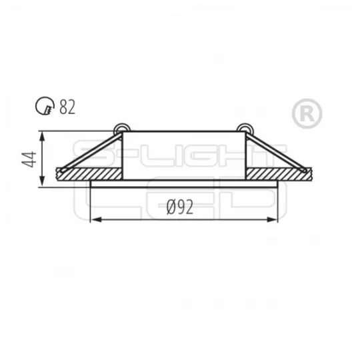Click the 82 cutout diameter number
(x=67, y=107)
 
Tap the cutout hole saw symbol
(x=45, y=105)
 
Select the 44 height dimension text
(x=29, y=159)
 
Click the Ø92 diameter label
(x=180, y=207)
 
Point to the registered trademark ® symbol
(x=307, y=113)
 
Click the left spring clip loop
(x=122, y=128)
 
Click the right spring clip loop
(x=245, y=128)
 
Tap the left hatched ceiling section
(x=89, y=174)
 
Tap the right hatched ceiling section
(x=279, y=174)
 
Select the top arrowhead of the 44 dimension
(x=42, y=137)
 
